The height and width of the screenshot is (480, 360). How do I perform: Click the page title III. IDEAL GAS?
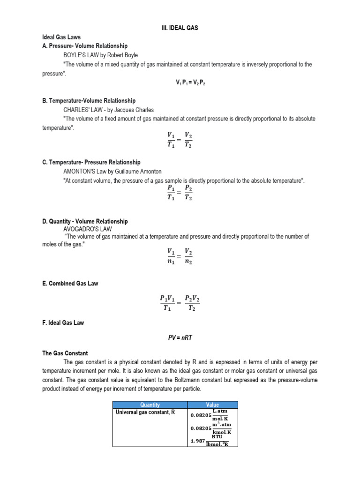coord(180,28)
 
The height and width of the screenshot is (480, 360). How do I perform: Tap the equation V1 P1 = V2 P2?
coord(191,82)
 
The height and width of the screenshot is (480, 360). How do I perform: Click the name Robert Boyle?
coord(122,55)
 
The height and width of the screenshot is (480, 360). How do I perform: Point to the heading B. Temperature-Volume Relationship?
coord(89,101)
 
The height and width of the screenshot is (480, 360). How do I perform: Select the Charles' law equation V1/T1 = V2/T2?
coord(180,140)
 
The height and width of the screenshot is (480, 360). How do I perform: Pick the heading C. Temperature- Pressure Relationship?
coord(91,163)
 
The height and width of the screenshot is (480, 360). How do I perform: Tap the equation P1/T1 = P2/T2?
coord(180,193)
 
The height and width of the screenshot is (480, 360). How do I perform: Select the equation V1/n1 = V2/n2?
coord(180,257)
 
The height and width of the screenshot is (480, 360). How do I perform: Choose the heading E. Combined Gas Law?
coord(70,284)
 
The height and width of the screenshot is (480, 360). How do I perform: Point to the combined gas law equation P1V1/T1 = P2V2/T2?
coord(180,303)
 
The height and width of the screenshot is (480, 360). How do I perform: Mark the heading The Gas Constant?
coord(65,353)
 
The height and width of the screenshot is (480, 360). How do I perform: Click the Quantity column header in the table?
coord(150,405)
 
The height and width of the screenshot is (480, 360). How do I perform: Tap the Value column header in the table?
coord(212,405)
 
